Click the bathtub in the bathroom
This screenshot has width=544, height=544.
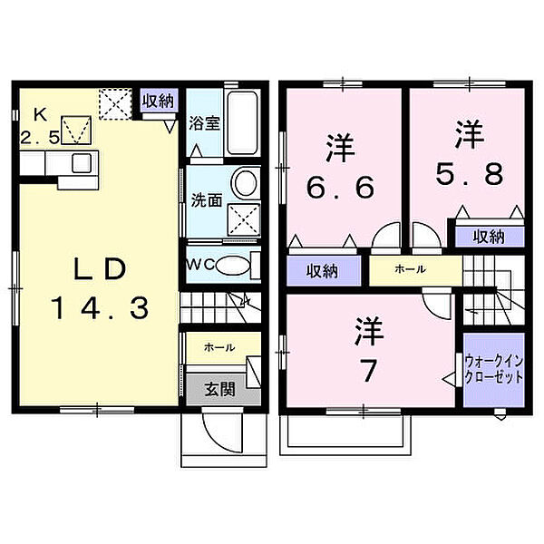(243, 123)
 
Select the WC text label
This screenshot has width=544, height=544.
(199, 265)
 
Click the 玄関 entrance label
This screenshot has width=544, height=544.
(219, 390)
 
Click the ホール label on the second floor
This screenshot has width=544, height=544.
(410, 269)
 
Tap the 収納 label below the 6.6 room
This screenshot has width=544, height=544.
(321, 270)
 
